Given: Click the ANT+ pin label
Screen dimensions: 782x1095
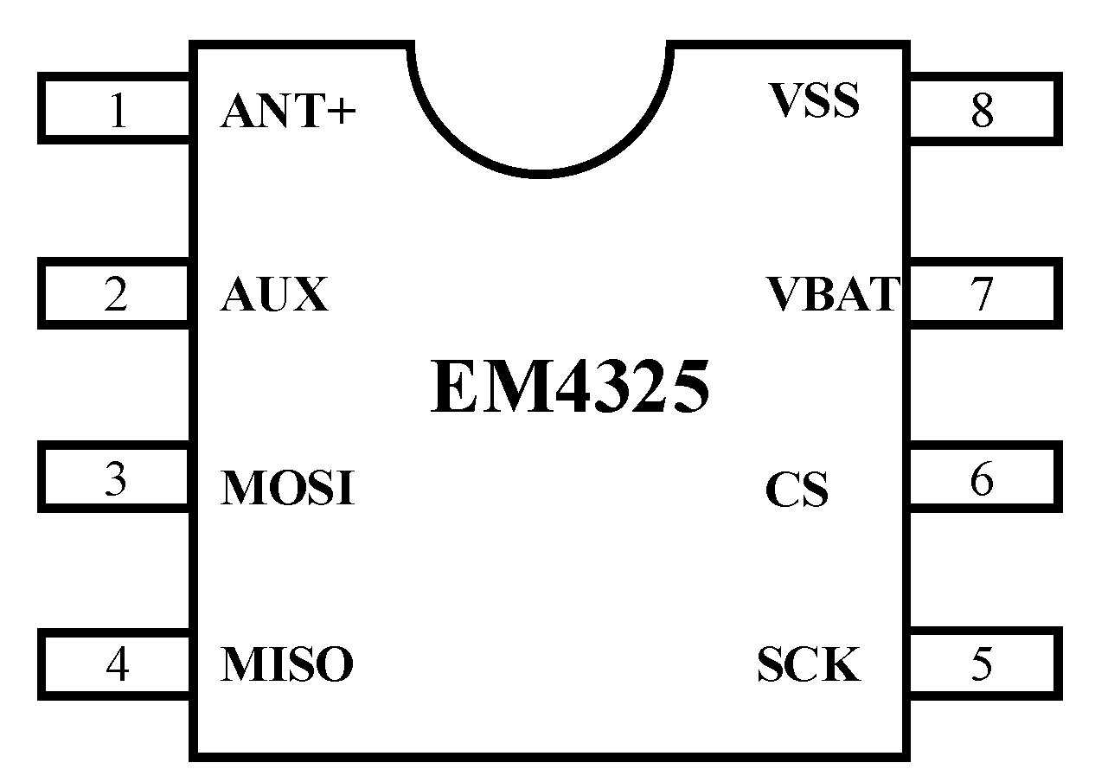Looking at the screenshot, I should click(288, 112).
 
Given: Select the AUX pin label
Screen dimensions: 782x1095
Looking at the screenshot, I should click(275, 295).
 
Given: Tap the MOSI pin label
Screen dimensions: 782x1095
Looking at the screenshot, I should click(288, 489).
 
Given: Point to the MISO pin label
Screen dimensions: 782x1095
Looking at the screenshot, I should click(287, 664).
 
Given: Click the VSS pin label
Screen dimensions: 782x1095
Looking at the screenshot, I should click(814, 100).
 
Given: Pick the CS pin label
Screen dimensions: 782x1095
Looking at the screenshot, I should click(797, 490).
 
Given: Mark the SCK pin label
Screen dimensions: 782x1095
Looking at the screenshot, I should click(809, 664).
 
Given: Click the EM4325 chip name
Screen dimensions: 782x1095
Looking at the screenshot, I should click(570, 388).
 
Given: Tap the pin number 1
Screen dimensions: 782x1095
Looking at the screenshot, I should click(118, 111).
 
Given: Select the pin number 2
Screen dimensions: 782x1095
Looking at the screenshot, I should click(116, 295).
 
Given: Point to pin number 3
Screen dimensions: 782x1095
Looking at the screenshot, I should click(116, 479).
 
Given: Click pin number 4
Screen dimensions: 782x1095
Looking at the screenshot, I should click(118, 664).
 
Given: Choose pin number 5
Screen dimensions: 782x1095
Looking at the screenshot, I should click(981, 664).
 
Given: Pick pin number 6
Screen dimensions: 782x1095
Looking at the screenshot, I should click(981, 479).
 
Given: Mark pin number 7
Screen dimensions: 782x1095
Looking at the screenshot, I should click(981, 295).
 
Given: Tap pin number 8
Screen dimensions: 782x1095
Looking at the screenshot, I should click(981, 111).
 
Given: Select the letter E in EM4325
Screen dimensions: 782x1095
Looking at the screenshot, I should click(451, 388).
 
